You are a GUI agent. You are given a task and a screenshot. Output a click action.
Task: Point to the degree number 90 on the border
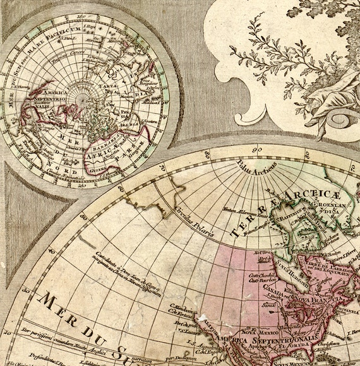(256, 150)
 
